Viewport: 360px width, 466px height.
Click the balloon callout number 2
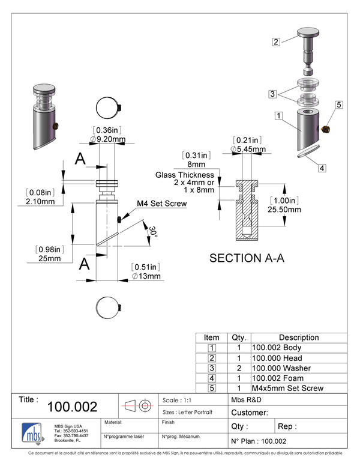pyautogui.click(x=276, y=42)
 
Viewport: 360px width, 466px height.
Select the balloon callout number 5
pyautogui.click(x=339, y=105)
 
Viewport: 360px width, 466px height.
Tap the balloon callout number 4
pyautogui.click(x=322, y=168)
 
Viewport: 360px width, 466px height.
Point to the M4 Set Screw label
pyautogui.click(x=162, y=204)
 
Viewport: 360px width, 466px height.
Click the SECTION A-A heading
pyautogui.click(x=247, y=258)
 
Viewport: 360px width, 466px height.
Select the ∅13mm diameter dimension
pyautogui.click(x=147, y=276)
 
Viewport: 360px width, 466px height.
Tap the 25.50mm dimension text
pyautogui.click(x=285, y=210)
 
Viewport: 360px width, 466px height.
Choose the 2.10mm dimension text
pyautogui.click(x=40, y=202)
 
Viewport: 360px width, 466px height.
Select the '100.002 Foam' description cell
pyautogui.click(x=278, y=378)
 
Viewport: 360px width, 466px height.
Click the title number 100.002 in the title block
pyautogui.click(x=72, y=407)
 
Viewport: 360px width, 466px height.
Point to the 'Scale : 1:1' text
pyautogui.click(x=177, y=400)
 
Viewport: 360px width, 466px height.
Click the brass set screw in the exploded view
pyautogui.click(x=325, y=130)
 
